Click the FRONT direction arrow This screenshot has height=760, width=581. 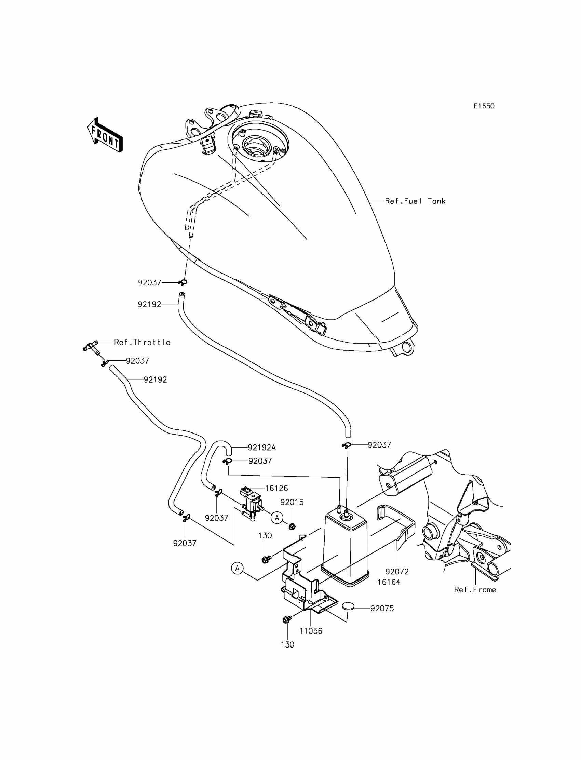click(x=105, y=135)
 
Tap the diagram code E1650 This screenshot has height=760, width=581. click(x=484, y=106)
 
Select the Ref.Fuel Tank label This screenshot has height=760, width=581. click(x=415, y=201)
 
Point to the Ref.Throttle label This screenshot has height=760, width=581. click(x=143, y=343)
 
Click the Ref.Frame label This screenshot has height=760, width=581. click(x=475, y=590)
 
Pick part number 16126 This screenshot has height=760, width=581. click(x=276, y=488)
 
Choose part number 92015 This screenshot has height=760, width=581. click(x=292, y=502)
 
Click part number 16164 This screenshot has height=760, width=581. click(x=389, y=582)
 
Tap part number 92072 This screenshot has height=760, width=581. click(x=397, y=572)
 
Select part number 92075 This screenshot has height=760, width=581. click(x=382, y=609)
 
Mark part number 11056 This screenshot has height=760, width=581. click(x=311, y=631)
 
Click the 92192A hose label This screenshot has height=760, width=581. click(x=262, y=448)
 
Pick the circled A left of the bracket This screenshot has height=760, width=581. click(x=237, y=568)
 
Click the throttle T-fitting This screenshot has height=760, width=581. click(x=91, y=346)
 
